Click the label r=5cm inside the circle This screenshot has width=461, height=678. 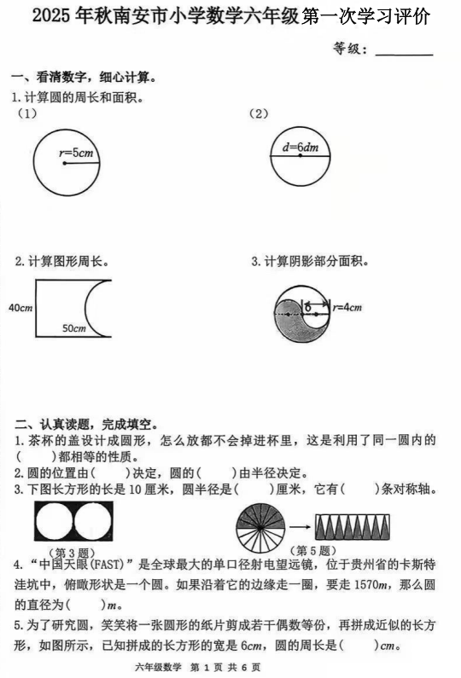click(x=76, y=154)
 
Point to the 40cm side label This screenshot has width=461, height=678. click(x=19, y=307)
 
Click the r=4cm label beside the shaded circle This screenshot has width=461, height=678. click(x=348, y=307)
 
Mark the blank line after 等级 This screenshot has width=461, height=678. click(x=404, y=51)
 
